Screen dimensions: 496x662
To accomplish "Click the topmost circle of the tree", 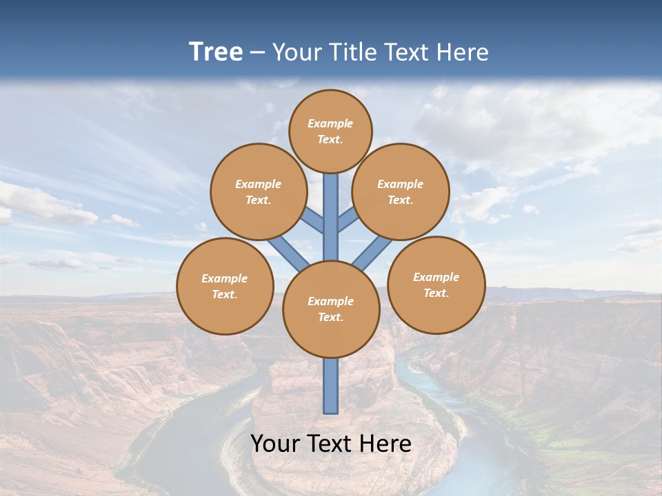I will [x=330, y=131].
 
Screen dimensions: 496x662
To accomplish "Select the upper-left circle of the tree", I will [x=259, y=192].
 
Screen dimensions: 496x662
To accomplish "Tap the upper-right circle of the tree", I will [x=401, y=192].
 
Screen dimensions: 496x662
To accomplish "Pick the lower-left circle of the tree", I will [x=225, y=286].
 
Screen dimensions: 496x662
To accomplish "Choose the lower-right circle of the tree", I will [x=437, y=285].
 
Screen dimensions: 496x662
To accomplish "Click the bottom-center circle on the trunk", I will [x=331, y=309].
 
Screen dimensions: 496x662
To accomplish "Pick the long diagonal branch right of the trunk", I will [x=372, y=252].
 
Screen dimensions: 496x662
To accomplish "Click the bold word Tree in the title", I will [x=216, y=52].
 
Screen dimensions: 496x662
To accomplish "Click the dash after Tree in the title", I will [x=258, y=52].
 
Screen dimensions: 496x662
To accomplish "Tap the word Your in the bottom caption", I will [x=276, y=444].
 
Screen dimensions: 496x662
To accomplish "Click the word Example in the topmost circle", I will [x=330, y=123].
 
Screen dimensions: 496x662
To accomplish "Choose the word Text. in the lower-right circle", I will [x=436, y=293].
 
